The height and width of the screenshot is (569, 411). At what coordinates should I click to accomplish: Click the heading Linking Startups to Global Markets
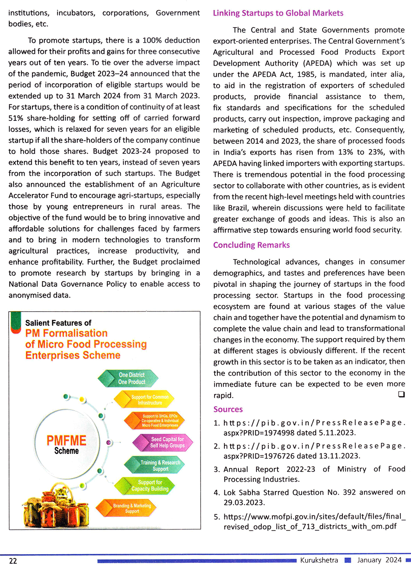(278, 13)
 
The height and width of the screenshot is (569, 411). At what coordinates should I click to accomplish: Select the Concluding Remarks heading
(251, 245)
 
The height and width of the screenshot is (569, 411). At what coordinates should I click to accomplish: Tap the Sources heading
(228, 409)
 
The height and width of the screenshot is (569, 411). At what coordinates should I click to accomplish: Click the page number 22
(13, 561)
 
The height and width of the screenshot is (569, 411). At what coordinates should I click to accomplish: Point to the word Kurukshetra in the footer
(319, 560)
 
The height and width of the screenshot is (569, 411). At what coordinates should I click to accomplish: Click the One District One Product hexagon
(132, 379)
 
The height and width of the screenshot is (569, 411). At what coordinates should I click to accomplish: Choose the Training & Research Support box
(160, 465)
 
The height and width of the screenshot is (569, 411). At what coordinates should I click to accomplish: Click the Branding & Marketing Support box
(132, 509)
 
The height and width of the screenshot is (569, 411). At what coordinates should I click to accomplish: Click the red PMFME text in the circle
(66, 440)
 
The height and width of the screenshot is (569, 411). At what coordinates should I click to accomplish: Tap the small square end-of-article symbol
(401, 394)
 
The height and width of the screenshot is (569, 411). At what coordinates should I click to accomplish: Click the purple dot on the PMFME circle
(109, 443)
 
